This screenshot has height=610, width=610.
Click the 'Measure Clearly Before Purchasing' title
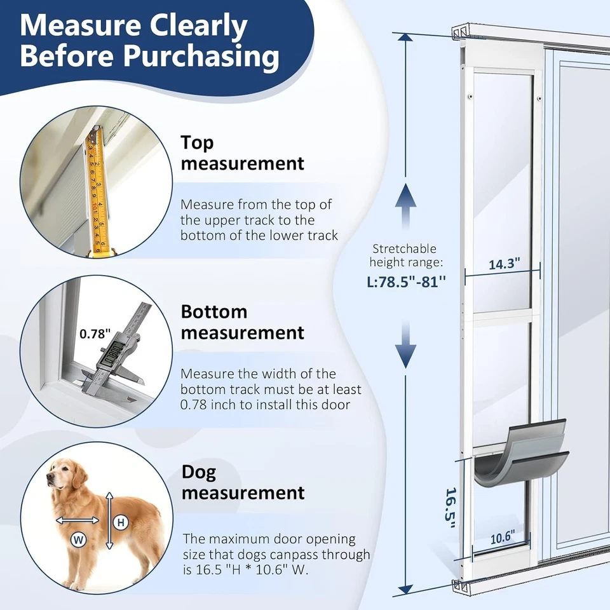(x=149, y=41)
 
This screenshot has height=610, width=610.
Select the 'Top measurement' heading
(x=242, y=152)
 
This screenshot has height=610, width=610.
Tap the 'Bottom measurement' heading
(x=242, y=322)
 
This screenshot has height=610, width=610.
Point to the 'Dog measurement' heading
(x=242, y=482)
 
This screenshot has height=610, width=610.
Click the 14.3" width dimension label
(x=504, y=264)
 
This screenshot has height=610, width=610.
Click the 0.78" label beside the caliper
(x=95, y=333)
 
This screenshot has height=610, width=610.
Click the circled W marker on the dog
(x=79, y=540)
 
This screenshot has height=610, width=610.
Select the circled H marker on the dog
(x=120, y=522)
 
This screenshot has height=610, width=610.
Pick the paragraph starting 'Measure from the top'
(x=259, y=220)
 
